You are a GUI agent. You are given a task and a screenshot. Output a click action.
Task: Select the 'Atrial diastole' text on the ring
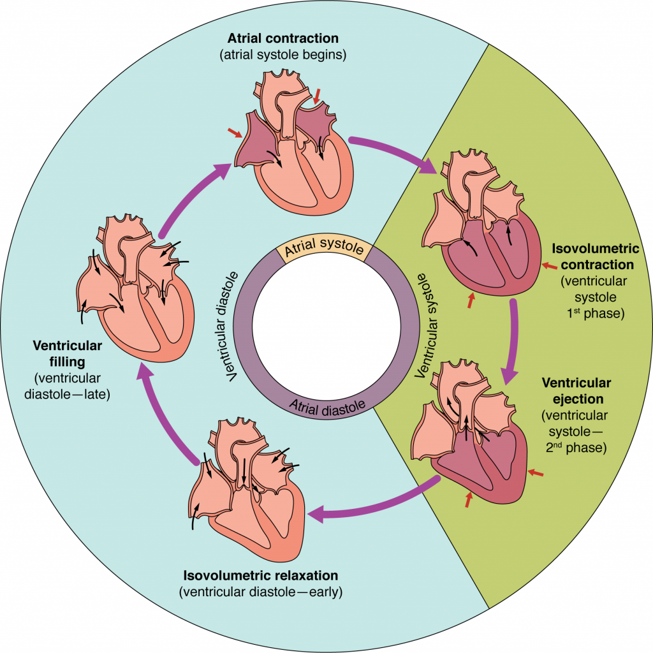coord(327,405)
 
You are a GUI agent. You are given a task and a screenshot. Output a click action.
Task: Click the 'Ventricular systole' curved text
coord(429,326)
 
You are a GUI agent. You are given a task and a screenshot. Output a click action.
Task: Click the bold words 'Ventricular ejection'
coord(576,391)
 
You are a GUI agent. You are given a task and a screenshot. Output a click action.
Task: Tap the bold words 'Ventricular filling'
coord(68,354)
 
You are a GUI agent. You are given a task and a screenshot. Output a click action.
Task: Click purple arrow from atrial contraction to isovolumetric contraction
coord(395,152)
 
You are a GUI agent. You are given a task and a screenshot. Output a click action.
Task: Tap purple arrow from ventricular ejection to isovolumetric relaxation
coord(376,504)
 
